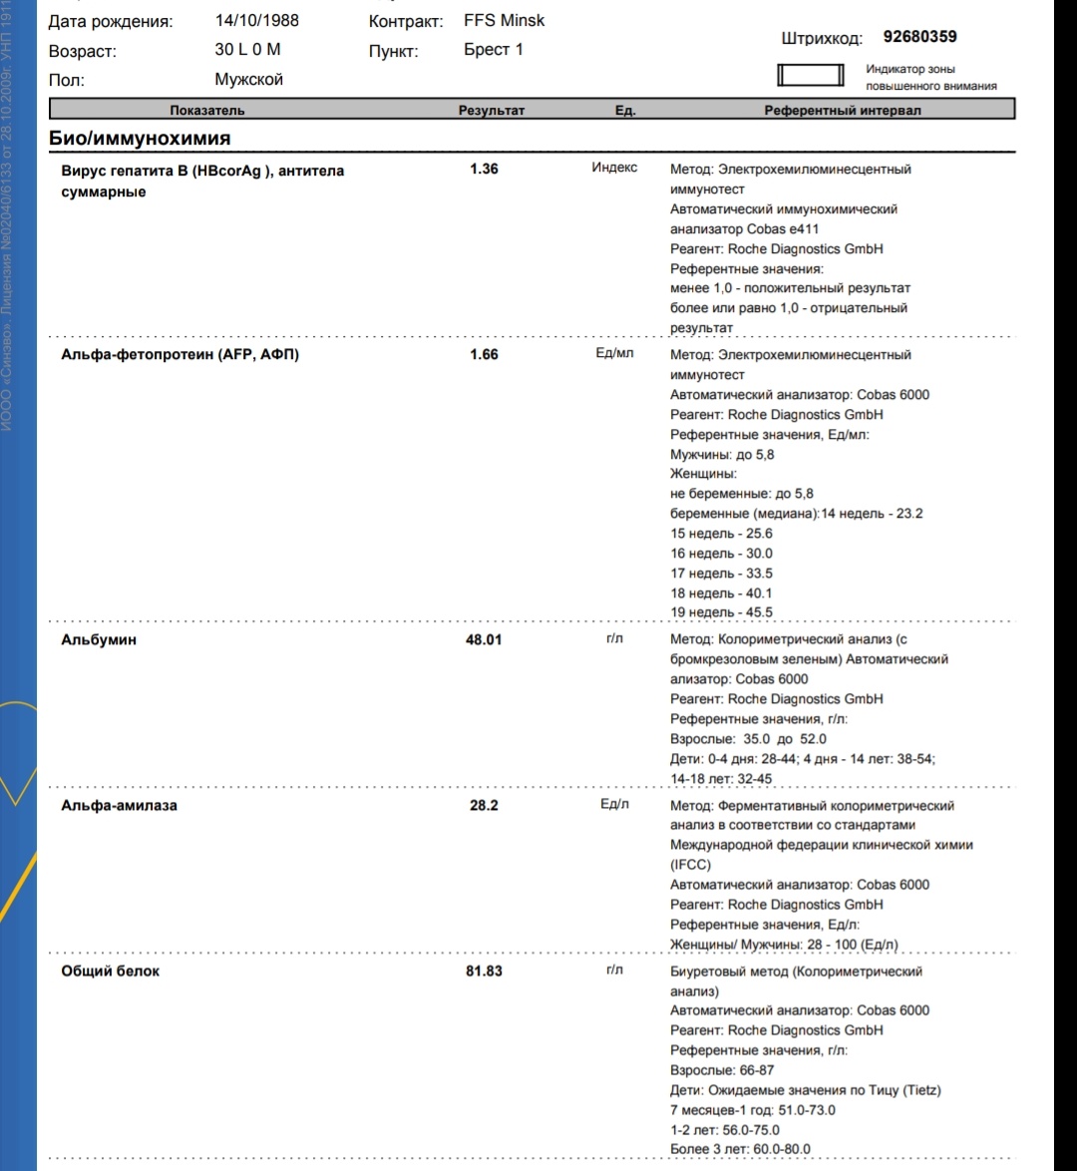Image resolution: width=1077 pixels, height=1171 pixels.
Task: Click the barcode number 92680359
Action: [x=919, y=37]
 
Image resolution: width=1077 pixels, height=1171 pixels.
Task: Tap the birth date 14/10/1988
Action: [x=256, y=20]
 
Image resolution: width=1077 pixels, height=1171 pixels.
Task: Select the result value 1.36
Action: [x=484, y=169]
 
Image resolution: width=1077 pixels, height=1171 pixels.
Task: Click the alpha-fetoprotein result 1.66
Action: [x=484, y=354]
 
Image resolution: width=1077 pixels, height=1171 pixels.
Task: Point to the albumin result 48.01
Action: [x=484, y=639]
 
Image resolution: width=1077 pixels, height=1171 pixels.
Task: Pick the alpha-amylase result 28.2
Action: [x=484, y=805]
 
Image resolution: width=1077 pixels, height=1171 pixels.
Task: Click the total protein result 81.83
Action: [x=484, y=971]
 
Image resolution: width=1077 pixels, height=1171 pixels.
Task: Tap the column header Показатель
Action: [x=207, y=111]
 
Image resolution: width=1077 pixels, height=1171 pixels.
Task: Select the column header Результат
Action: [x=491, y=111]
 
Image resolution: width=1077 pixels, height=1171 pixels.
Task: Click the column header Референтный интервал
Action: [x=843, y=111]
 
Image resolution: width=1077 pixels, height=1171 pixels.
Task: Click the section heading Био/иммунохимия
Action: [x=140, y=139]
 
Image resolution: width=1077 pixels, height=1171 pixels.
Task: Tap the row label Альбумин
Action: [x=99, y=639]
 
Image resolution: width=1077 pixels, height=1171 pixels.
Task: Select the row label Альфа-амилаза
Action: [x=119, y=805]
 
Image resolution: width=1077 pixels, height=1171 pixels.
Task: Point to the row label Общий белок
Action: [x=111, y=971]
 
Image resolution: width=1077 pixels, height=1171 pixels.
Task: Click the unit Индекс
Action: [x=614, y=168]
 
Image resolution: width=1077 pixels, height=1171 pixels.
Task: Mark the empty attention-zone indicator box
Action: [x=810, y=77]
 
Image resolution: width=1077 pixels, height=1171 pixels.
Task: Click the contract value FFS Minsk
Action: [x=505, y=20]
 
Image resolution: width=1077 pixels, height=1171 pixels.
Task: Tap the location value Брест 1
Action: [x=494, y=50]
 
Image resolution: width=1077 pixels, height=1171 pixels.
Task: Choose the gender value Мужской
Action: [x=249, y=80]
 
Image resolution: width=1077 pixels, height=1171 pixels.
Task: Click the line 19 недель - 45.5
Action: [x=721, y=612]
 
